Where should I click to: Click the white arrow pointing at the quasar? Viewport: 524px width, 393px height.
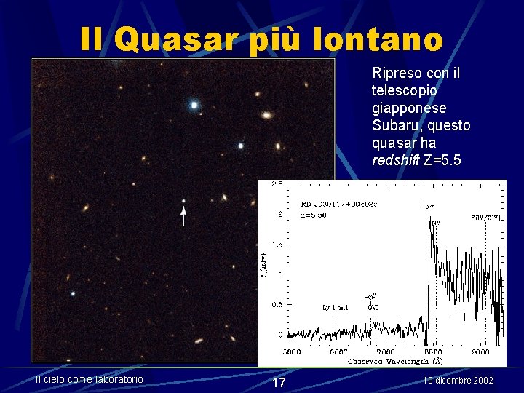point(183,216)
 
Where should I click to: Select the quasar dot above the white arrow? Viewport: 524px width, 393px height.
point(183,201)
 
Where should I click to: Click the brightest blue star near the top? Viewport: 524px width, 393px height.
point(194,105)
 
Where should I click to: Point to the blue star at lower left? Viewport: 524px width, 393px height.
point(73,293)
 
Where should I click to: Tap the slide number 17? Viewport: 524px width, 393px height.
point(278,383)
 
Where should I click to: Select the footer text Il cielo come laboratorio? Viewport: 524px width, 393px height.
point(90,378)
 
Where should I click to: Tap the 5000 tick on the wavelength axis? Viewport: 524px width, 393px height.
point(291,351)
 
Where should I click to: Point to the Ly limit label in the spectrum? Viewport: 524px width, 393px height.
point(336,308)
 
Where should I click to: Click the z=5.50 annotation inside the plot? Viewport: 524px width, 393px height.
point(314,215)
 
